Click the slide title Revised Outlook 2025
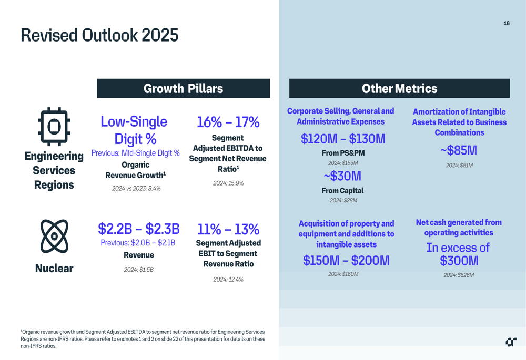[x=99, y=35]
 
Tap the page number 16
[x=507, y=23]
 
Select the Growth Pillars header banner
[x=183, y=88]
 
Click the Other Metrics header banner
[x=399, y=88]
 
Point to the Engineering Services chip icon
[x=54, y=127]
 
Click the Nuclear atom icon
[x=54, y=236]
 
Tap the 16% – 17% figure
[x=228, y=122]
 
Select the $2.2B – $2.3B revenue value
[x=138, y=229]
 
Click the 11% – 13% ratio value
[x=228, y=229]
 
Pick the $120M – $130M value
[x=343, y=139]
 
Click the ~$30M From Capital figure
[x=342, y=176]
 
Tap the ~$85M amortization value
[x=459, y=150]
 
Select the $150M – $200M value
[x=346, y=260]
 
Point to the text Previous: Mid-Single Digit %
[x=135, y=153]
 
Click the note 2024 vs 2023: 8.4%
[x=136, y=188]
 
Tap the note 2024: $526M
[x=458, y=275]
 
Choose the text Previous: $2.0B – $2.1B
[x=138, y=243]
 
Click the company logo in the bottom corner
[x=511, y=342]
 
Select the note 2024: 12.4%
[x=228, y=280]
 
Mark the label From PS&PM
[x=343, y=153]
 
